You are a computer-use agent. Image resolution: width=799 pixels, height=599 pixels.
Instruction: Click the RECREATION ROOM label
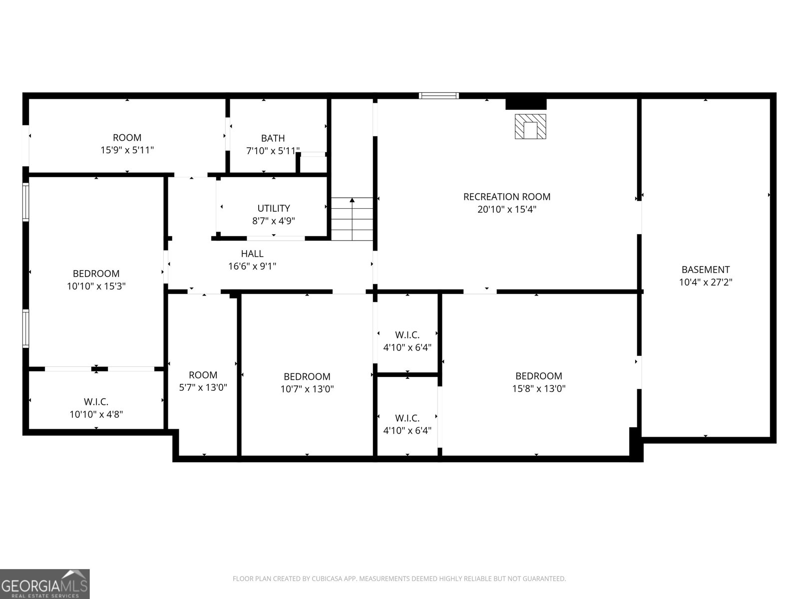pos(507,197)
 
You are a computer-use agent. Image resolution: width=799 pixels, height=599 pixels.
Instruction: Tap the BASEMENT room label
pos(706,270)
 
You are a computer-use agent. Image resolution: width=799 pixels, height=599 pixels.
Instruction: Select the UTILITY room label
pos(274,208)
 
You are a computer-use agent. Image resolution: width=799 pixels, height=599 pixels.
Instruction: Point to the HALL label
pos(252,254)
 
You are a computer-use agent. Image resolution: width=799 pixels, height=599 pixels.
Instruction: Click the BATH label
pos(273,138)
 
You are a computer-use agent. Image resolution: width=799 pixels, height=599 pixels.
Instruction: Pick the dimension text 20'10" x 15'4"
pos(507,210)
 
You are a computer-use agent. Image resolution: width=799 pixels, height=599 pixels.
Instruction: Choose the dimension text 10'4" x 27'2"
pos(706,282)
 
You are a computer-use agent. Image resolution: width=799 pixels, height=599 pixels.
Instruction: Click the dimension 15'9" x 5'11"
pos(127,150)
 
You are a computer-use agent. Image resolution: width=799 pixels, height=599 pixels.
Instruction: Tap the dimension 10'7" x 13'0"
pos(307,389)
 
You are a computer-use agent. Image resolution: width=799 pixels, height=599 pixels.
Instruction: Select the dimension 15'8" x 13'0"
pos(539,388)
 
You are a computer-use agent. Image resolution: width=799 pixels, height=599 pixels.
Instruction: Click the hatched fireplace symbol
pos(530,127)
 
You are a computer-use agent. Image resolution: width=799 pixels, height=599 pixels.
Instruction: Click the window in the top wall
pos(438,96)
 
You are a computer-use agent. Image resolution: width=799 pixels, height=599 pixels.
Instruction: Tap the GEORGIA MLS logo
pos(44,584)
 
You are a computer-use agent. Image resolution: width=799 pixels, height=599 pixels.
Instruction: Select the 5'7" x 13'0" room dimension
pos(203,388)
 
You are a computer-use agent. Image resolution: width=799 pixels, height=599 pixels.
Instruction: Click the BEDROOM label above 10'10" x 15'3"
pos(96,274)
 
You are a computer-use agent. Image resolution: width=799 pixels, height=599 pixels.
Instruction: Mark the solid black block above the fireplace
pos(526,104)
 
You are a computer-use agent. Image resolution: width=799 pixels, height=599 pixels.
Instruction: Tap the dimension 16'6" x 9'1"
pos(252,266)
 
